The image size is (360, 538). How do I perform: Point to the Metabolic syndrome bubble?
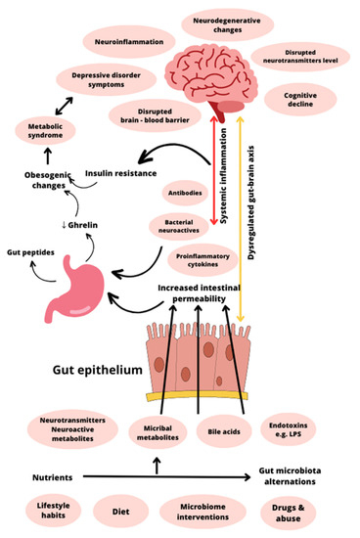point(42,131)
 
